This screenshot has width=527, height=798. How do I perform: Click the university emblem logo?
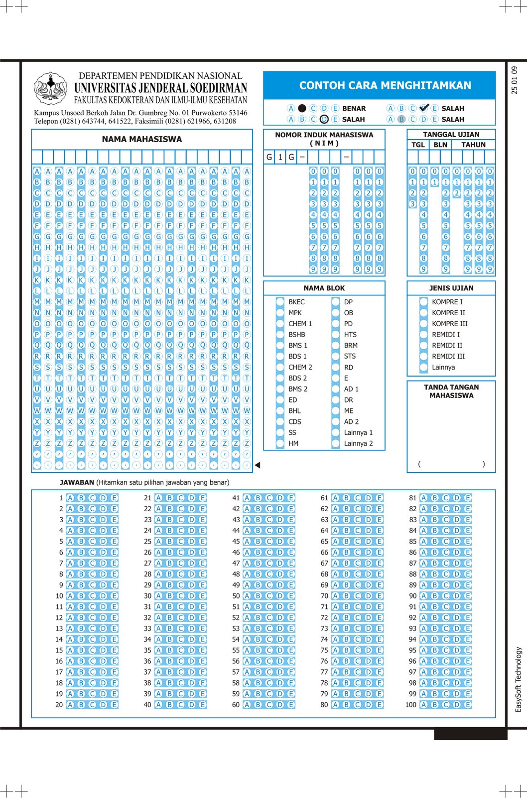coord(51,88)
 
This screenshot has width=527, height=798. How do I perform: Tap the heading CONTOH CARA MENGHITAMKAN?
coord(385,85)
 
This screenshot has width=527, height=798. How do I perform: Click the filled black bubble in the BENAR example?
coord(302,108)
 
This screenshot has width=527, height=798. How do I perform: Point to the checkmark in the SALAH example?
coord(424,108)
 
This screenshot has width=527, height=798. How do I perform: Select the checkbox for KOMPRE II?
coord(424,313)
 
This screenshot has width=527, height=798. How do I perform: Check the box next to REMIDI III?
coord(424,356)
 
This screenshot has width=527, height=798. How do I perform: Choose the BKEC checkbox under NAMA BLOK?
coord(280,302)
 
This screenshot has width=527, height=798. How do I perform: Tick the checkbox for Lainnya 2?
coord(336,443)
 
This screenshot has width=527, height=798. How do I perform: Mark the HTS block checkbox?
coord(336,335)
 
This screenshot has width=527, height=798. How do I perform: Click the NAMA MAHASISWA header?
coord(142,139)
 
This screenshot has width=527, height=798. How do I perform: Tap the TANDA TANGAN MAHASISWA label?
coord(451,391)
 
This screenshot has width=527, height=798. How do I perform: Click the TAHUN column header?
coord(473,145)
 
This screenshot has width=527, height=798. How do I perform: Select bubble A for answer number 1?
coord(70,498)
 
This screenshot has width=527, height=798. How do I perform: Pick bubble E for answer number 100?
coord(468,705)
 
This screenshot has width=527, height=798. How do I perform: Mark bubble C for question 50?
coord(269,596)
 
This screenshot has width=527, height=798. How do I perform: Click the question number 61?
coord(324,498)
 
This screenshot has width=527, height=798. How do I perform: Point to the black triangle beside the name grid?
coord(258,465)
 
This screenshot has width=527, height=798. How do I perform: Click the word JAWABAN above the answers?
coord(77,482)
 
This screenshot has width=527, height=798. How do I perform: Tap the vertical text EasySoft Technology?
coord(518,679)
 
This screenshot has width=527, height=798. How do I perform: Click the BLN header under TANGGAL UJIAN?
coord(440,145)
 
